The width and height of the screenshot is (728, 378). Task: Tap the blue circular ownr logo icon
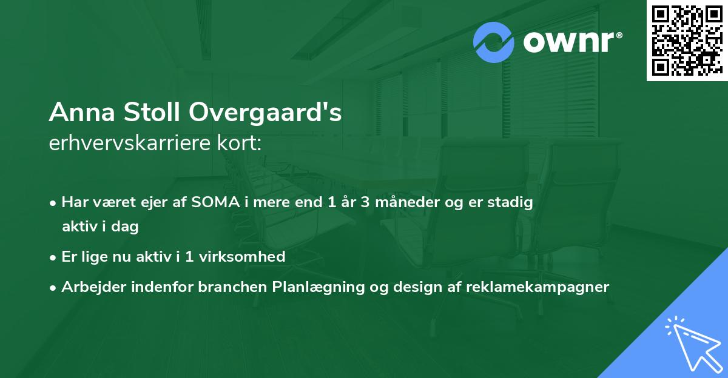[x=494, y=42]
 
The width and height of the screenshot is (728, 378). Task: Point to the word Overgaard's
[x=266, y=113]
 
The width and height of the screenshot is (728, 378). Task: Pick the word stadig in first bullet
[x=512, y=202]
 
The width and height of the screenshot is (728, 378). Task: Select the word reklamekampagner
[x=537, y=287]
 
